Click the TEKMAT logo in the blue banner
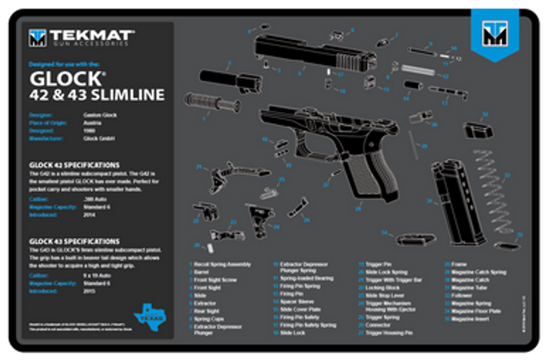pyautogui.click(x=495, y=34)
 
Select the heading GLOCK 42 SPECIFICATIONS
pyautogui.click(x=74, y=164)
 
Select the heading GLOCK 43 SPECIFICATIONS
pyautogui.click(x=74, y=241)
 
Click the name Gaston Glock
pyautogui.click(x=101, y=115)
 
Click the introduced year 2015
pyautogui.click(x=89, y=291)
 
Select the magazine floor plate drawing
pyautogui.click(x=415, y=238)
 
